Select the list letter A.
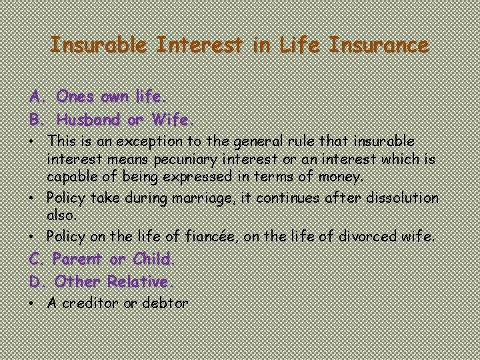coord(35,97)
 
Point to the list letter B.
coord(35,120)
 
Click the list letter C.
coord(35,258)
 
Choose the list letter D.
coord(36,281)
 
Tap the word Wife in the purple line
coord(171,120)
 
